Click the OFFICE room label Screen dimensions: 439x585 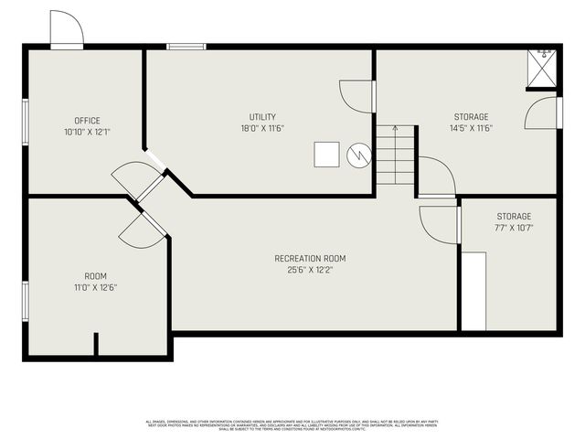pyautogui.click(x=88, y=121)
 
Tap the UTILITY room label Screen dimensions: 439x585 pyautogui.click(x=262, y=117)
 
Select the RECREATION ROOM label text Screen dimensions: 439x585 pyautogui.click(x=310, y=259)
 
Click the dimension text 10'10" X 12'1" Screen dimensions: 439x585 pyautogui.click(x=88, y=132)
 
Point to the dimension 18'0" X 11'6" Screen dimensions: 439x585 pyautogui.click(x=262, y=128)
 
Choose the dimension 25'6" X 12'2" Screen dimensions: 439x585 pyautogui.click(x=310, y=270)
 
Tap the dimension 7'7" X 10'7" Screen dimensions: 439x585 pyautogui.click(x=513, y=228)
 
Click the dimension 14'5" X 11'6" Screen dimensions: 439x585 pyautogui.click(x=471, y=128)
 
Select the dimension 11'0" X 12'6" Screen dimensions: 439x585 pyautogui.click(x=95, y=287)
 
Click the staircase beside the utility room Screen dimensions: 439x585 pyautogui.click(x=396, y=155)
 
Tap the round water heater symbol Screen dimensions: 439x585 pyautogui.click(x=359, y=155)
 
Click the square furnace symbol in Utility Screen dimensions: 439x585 pyautogui.click(x=327, y=155)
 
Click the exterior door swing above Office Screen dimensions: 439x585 pyautogui.click(x=67, y=29)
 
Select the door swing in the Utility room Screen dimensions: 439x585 pyautogui.click(x=357, y=96)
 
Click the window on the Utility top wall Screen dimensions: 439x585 pyautogui.click(x=186, y=46)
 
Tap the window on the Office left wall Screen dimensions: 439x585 pyautogui.click(x=25, y=120)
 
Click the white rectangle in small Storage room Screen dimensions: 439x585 pyautogui.click(x=473, y=291)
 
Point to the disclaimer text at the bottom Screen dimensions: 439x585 pyautogui.click(x=292, y=424)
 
